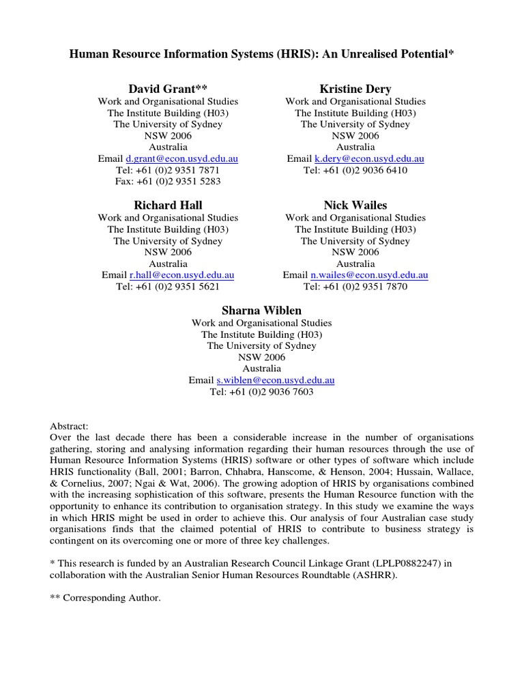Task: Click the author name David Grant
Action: (x=167, y=89)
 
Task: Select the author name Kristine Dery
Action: (x=355, y=89)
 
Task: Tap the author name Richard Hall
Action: (x=167, y=205)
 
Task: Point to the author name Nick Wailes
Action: (x=355, y=205)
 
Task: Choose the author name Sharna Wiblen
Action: (x=261, y=311)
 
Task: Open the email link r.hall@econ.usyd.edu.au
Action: (x=181, y=275)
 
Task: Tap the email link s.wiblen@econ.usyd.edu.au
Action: (x=275, y=380)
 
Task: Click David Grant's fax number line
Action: (x=167, y=182)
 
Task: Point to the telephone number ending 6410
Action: (x=355, y=170)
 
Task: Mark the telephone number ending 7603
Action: (x=261, y=392)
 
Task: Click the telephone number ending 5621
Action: (x=167, y=287)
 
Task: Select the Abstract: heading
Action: (x=69, y=425)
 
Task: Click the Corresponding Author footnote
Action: (x=106, y=598)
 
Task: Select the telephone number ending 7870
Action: (x=355, y=287)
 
